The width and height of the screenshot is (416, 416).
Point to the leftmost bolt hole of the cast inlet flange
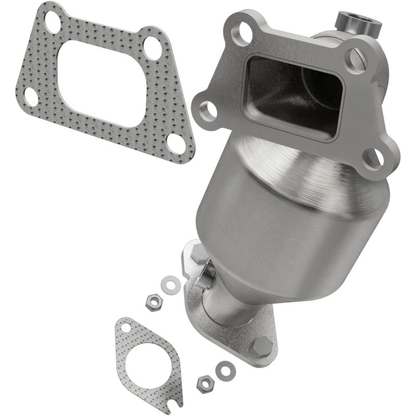(208, 110)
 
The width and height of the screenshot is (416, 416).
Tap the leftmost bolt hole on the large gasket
(30, 97)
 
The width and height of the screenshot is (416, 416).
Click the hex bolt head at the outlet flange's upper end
(200, 253)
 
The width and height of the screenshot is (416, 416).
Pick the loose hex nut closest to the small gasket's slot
(205, 384)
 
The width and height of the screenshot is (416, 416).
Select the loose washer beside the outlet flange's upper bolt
(168, 284)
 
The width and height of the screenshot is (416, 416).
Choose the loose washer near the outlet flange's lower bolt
(225, 370)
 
